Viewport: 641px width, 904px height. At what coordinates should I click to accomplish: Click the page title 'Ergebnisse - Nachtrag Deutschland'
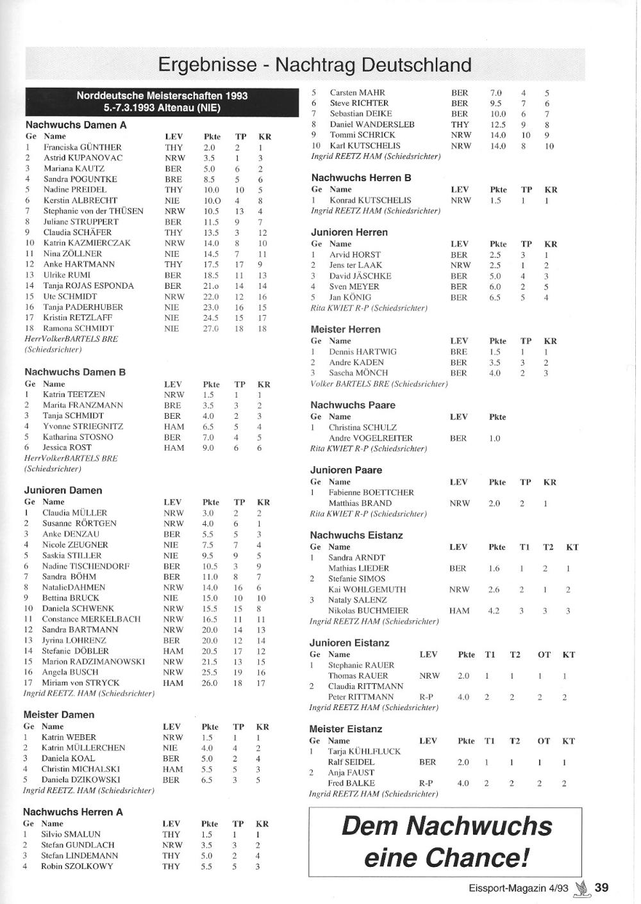click(314, 65)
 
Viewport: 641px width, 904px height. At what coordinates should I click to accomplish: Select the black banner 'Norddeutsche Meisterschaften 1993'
click(162, 96)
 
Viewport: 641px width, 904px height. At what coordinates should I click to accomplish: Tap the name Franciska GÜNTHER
click(82, 147)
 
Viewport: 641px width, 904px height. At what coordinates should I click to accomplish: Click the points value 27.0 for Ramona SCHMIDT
click(211, 328)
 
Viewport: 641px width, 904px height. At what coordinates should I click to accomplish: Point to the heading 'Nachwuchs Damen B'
click(75, 372)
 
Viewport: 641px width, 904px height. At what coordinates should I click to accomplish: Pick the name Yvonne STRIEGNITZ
click(83, 426)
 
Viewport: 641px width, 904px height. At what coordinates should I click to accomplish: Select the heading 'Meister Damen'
click(59, 714)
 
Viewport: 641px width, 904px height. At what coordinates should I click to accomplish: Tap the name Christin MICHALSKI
click(81, 769)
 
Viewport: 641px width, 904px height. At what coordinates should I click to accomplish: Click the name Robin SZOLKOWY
click(77, 866)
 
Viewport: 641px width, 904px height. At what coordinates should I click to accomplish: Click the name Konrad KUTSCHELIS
click(370, 200)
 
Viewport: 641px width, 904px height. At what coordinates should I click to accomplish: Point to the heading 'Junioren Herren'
click(349, 232)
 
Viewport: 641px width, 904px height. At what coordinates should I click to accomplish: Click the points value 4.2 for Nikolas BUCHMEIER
click(494, 611)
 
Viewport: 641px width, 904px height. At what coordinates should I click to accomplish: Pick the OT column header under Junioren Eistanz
click(544, 654)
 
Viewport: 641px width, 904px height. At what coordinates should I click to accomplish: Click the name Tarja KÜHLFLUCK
click(364, 751)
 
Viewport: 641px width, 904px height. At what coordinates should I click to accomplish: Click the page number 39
click(601, 887)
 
